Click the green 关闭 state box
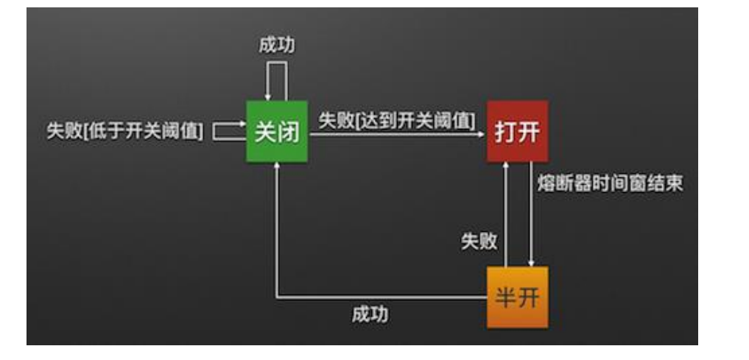(277, 132)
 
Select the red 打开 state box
(517, 132)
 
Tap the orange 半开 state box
(517, 297)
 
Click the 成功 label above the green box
(277, 45)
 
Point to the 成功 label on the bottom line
(370, 315)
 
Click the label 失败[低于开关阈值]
(125, 132)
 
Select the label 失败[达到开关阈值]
(396, 120)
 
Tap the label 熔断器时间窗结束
(610, 183)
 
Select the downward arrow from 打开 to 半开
(532, 213)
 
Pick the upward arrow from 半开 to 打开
(505, 213)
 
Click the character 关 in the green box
(265, 132)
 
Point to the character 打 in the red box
(505, 132)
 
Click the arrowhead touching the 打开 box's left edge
(482, 133)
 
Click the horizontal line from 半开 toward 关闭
(383, 297)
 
